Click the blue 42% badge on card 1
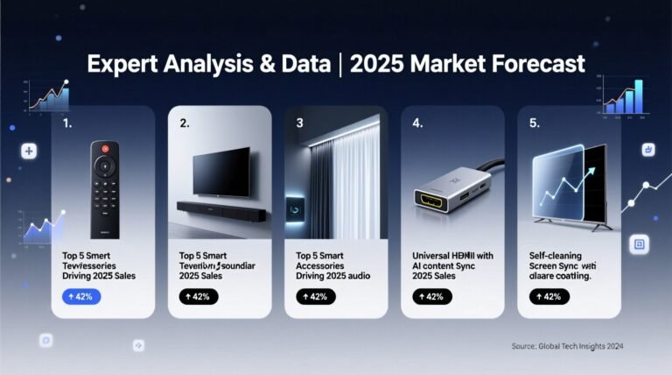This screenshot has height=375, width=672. pyautogui.click(x=81, y=296)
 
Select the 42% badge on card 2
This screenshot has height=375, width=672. pyautogui.click(x=199, y=296)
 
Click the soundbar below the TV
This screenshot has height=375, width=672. pyautogui.click(x=219, y=209)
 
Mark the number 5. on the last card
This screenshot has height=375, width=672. pyautogui.click(x=535, y=124)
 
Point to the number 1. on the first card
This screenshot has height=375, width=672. pyautogui.click(x=67, y=124)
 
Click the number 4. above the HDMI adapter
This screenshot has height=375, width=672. pyautogui.click(x=417, y=124)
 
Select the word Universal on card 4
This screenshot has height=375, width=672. pyautogui.click(x=434, y=256)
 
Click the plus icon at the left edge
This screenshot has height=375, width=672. pyautogui.click(x=30, y=152)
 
